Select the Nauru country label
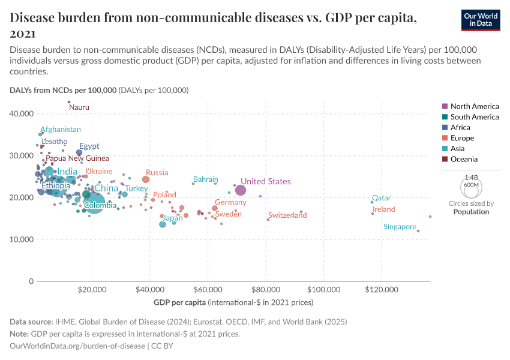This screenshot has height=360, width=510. (79, 107)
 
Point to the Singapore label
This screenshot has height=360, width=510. (400, 227)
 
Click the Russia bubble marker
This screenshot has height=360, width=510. (146, 179)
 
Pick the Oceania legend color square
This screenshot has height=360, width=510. (445, 160)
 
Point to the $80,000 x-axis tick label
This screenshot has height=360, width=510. (266, 289)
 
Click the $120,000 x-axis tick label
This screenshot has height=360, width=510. (382, 289)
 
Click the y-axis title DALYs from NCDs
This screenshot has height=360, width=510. (63, 90)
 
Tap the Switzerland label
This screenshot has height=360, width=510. (287, 215)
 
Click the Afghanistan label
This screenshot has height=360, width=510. (61, 129)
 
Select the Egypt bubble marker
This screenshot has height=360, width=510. (79, 153)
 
